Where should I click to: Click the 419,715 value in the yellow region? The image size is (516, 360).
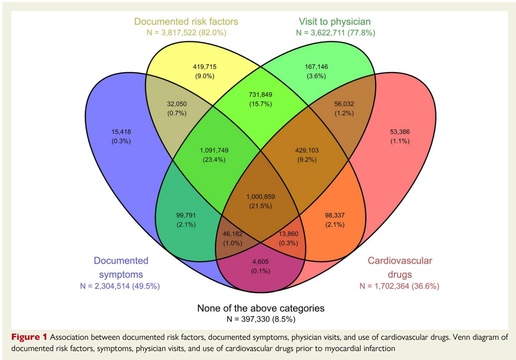click(x=204, y=67)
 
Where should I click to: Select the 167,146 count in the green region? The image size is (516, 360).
click(x=316, y=67)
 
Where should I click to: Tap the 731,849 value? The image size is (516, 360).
click(x=260, y=95)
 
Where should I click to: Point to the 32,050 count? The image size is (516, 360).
click(x=177, y=104)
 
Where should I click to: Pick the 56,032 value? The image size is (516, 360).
click(x=344, y=104)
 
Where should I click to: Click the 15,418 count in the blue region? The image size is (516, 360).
click(x=121, y=132)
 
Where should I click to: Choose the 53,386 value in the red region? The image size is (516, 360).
click(x=400, y=132)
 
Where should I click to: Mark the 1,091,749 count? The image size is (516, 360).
click(x=214, y=150)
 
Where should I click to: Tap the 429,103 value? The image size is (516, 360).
click(x=307, y=150)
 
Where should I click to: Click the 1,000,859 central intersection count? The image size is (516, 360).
click(x=261, y=197)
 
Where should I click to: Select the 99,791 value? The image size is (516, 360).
click(x=186, y=216)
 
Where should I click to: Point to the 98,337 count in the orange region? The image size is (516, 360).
click(x=335, y=216)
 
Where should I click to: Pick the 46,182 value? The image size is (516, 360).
click(x=233, y=234)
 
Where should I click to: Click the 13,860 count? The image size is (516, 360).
click(x=288, y=234)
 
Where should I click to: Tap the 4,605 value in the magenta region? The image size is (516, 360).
click(x=260, y=262)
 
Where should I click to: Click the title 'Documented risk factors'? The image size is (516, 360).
click(x=186, y=22)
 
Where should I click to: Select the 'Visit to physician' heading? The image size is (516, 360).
click(x=335, y=22)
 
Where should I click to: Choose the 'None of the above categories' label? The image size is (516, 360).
click(x=261, y=308)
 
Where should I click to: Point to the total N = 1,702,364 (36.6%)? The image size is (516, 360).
click(x=400, y=286)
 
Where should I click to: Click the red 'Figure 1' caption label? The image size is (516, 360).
click(x=29, y=337)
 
